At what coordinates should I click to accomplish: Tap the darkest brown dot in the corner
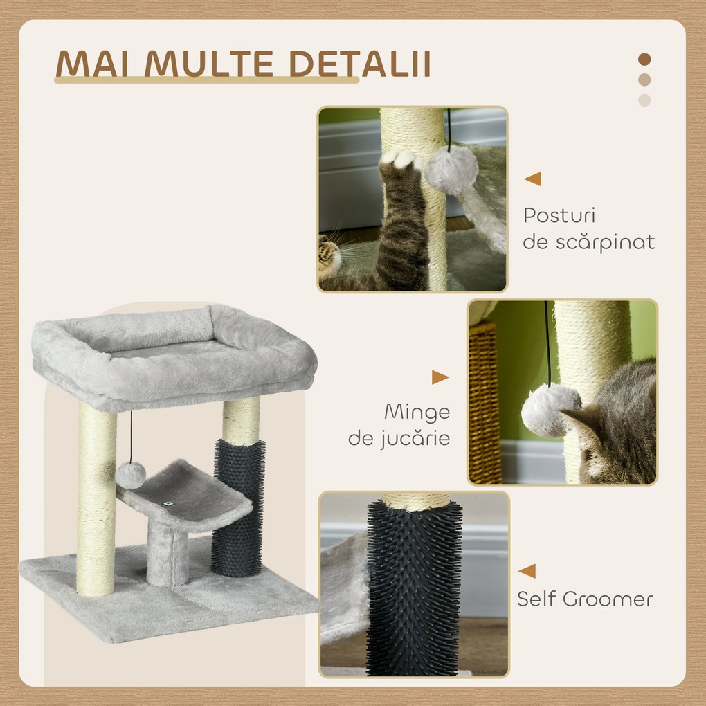pyautogui.click(x=644, y=60)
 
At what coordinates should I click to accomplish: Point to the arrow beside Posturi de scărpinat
pyautogui.click(x=532, y=179)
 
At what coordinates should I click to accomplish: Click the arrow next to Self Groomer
pyautogui.click(x=527, y=570)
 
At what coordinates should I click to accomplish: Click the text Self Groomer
pyautogui.click(x=585, y=599)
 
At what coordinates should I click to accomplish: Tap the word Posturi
pyautogui.click(x=559, y=215)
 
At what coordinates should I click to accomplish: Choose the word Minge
pyautogui.click(x=417, y=412)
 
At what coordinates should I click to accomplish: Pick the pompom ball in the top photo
pyautogui.click(x=451, y=170)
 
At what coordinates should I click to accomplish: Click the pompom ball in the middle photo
pyautogui.click(x=550, y=410)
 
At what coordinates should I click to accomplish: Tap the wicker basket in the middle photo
pyautogui.click(x=485, y=401)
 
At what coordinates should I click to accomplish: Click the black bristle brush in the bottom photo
pyautogui.click(x=414, y=588)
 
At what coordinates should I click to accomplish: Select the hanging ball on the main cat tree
pyautogui.click(x=130, y=473)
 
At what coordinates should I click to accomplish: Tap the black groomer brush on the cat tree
pyautogui.click(x=238, y=507)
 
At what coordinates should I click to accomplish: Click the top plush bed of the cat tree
pyautogui.click(x=173, y=353)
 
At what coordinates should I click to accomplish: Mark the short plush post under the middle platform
pyautogui.click(x=167, y=554)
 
